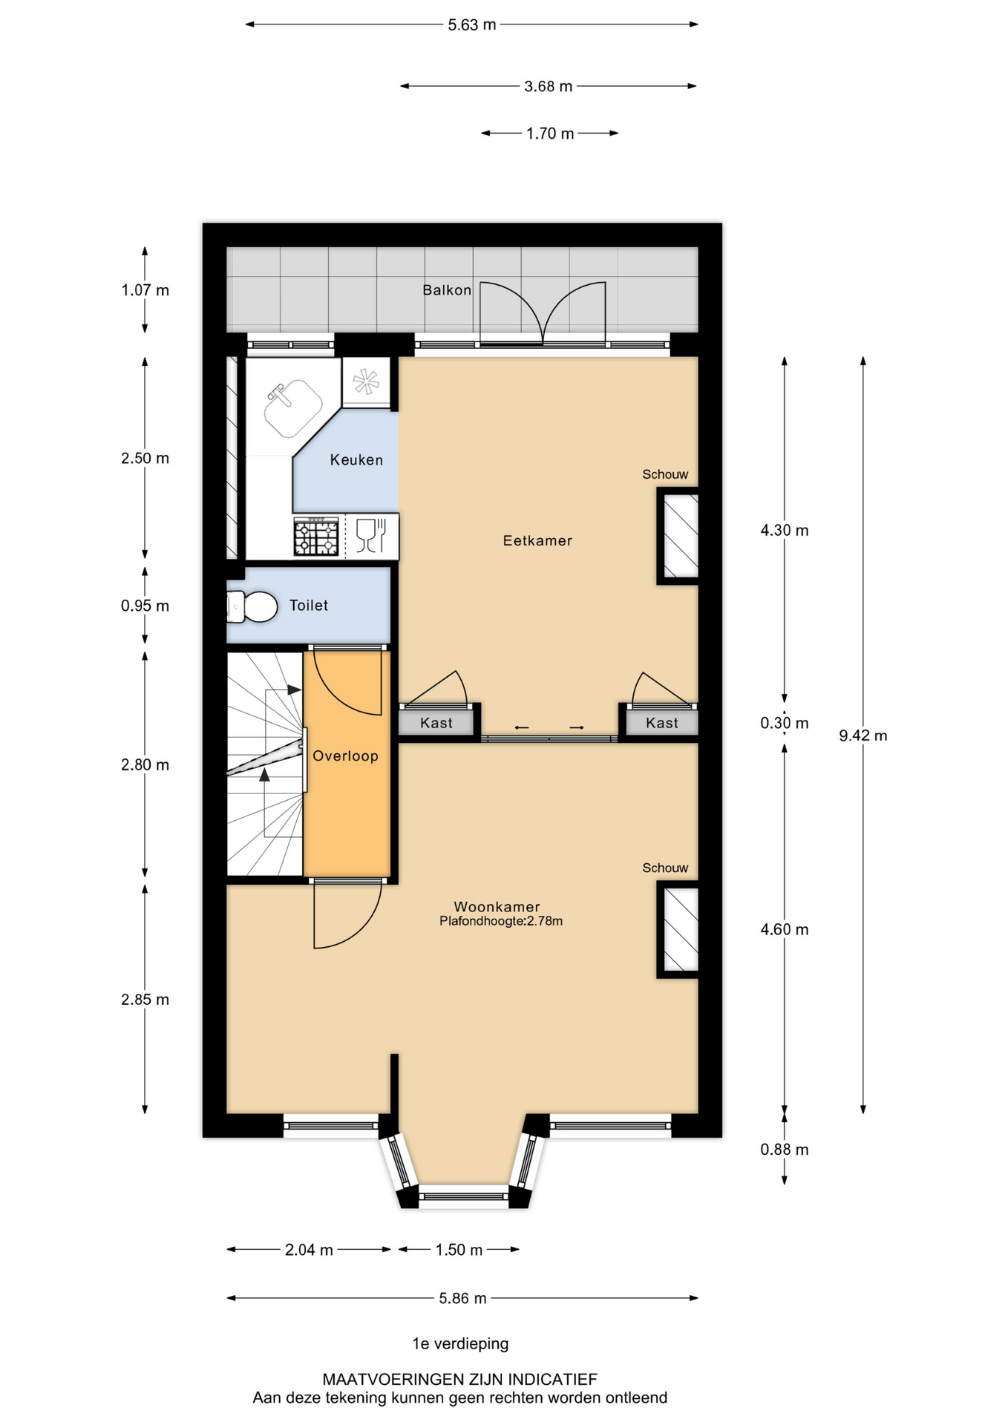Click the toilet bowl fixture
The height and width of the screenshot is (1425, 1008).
251,606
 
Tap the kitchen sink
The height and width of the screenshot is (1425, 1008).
293,407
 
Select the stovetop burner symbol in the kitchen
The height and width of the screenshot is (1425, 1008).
316,537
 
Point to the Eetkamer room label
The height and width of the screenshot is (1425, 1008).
537,540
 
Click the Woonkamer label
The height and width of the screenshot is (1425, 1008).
497,906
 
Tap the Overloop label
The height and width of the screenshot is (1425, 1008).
345,756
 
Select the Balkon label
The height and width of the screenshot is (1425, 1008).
447,289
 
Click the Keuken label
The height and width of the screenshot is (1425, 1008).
356,460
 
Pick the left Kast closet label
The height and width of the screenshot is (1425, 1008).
436,723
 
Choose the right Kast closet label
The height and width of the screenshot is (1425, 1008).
662,723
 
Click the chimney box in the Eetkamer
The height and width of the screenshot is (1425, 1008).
678,536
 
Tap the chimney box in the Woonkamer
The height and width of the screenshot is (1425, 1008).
678,929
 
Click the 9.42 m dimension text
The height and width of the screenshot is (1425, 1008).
863,736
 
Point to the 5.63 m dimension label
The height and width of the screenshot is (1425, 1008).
472,24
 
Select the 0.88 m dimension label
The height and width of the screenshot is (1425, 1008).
785,1150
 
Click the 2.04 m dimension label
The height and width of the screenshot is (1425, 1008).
309,1250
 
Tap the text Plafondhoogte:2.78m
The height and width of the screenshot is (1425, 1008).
501,921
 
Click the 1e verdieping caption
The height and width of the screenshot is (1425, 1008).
460,1343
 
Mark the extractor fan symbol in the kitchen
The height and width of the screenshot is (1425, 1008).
366,382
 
